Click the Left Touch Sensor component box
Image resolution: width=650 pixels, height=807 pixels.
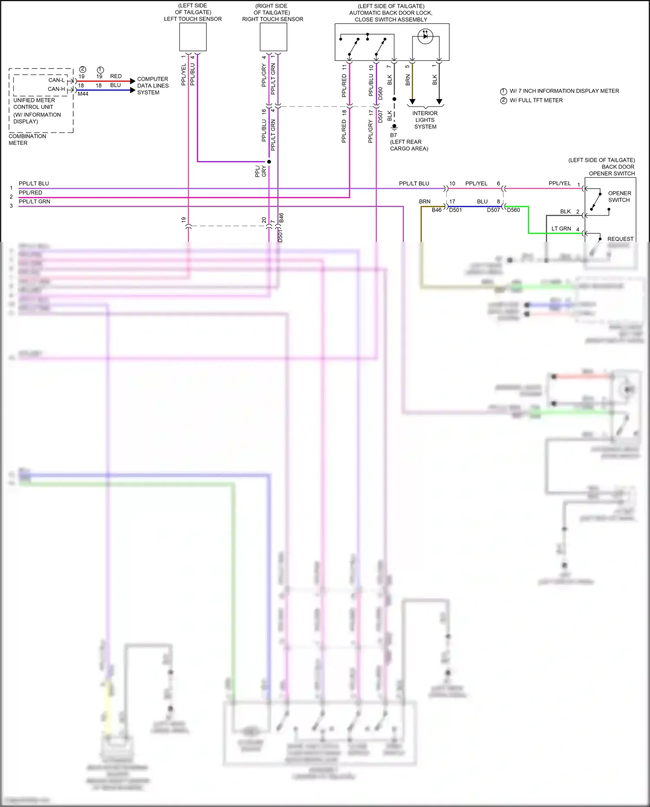tap(193, 37)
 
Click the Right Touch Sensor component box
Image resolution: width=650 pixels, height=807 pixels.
tap(273, 37)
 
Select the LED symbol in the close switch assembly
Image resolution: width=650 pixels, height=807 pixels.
tap(425, 36)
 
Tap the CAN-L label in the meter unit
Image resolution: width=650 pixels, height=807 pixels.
tap(56, 80)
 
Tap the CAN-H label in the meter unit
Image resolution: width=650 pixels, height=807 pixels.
tap(56, 89)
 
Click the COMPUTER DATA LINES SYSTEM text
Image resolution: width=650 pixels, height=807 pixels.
tap(153, 86)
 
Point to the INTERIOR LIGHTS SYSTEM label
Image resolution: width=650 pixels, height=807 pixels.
tap(425, 120)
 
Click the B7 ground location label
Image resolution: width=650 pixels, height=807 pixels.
tap(393, 135)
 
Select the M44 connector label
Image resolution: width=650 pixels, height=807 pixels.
tap(83, 94)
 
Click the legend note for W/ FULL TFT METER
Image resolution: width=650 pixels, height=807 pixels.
tap(536, 100)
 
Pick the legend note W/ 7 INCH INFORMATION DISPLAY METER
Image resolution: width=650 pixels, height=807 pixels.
tap(564, 91)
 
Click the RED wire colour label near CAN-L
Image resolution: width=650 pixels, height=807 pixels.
tap(116, 76)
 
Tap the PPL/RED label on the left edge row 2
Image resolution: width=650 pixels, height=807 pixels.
tap(30, 193)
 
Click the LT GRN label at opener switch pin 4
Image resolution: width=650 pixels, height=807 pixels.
tap(561, 229)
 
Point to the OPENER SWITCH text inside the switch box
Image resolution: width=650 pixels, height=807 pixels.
tap(619, 196)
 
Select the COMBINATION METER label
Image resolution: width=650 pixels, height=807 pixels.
tap(27, 140)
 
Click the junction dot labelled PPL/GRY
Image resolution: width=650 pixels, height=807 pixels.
tap(269, 162)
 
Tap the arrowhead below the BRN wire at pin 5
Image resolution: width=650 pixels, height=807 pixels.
tap(412, 101)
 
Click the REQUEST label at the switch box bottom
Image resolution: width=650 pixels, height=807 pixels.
tap(620, 239)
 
